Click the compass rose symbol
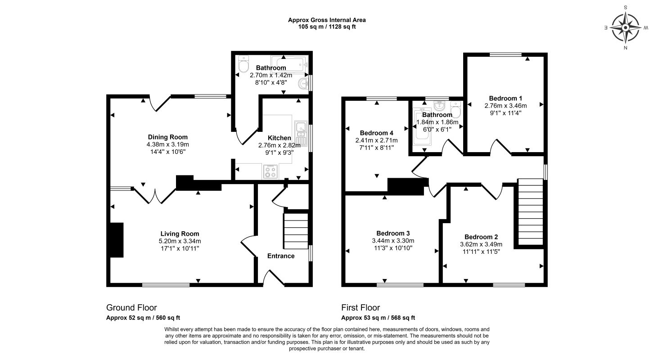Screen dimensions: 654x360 tap(625, 28)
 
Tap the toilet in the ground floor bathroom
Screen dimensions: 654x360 tap(243, 64)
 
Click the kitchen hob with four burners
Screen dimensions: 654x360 tap(271, 171)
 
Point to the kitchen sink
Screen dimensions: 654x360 tap(300, 134)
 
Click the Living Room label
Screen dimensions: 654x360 tap(180, 234)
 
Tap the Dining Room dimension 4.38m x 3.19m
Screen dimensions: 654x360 tap(167, 144)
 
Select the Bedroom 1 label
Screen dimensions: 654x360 tap(505, 98)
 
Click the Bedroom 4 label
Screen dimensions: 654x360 tap(376, 133)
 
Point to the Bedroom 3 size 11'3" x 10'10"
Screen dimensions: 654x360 tap(393, 248)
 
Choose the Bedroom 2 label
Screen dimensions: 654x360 tap(481, 237)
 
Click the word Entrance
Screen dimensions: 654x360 tap(281, 256)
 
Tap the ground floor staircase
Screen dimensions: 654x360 tap(295, 231)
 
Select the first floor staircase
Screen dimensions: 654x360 tap(531, 212)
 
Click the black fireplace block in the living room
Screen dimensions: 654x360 tap(117, 240)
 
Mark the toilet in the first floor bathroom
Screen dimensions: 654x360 tap(455, 109)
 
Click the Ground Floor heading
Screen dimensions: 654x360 tap(131, 307)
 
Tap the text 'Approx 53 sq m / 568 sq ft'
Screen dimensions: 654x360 tap(378, 318)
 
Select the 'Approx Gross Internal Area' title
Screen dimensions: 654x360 tap(327, 20)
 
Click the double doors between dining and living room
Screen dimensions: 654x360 tap(154, 195)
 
